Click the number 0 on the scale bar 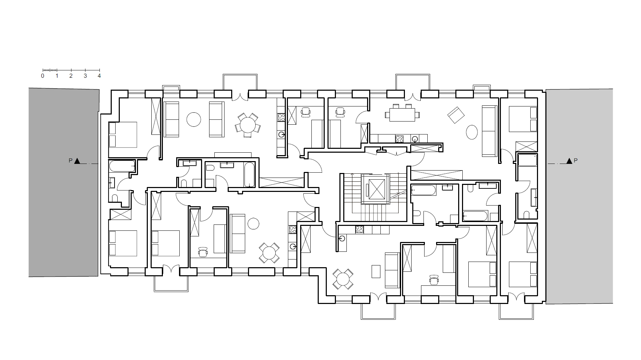[43, 76]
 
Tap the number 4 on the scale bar [99, 76]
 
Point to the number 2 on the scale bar [71, 76]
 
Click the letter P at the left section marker [70, 161]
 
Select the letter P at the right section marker [575, 161]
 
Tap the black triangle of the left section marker [77, 161]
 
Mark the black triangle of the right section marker [569, 161]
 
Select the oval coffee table [472, 132]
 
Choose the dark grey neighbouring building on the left [64, 182]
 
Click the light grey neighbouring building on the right [579, 196]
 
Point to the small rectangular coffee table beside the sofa [376, 271]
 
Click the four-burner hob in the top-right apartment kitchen [399, 139]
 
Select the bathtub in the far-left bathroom [122, 166]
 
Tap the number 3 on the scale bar [85, 76]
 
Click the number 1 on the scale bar [57, 76]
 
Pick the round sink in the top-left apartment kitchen [281, 134]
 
